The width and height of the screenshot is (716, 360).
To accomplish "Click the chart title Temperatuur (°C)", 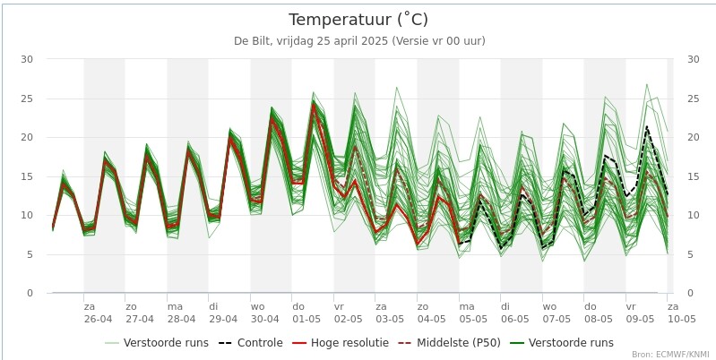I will click(358, 20).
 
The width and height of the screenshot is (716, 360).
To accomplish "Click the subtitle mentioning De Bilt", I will click(358, 41).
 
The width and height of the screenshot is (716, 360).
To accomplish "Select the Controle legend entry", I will click(250, 343).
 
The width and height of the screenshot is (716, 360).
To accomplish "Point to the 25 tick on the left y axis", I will click(27, 99).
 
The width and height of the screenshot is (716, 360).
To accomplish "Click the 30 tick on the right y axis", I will click(692, 59).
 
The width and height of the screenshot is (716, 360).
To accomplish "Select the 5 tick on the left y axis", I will click(30, 254).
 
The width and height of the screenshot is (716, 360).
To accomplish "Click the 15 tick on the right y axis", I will click(692, 176).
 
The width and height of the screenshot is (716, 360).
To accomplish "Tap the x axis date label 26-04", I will click(99, 319).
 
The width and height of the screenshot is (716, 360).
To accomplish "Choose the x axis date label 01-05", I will click(306, 319).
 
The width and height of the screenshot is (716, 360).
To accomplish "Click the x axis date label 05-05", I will click(473, 319).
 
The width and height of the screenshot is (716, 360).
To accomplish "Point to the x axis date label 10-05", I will click(681, 319).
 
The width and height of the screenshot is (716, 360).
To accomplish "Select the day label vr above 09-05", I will click(631, 306).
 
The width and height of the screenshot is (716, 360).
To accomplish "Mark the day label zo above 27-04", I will click(131, 306).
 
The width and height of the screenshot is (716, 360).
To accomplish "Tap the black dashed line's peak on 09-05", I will click(646, 126).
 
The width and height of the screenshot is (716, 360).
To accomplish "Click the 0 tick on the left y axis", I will click(30, 293).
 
